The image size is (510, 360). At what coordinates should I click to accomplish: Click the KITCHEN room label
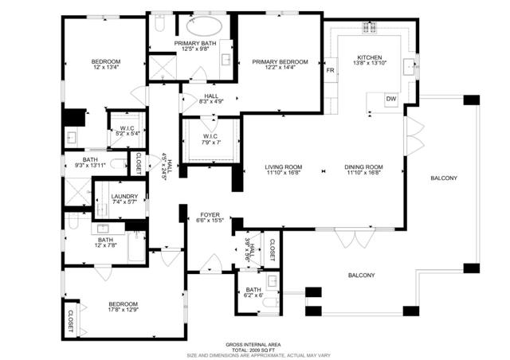[370, 57]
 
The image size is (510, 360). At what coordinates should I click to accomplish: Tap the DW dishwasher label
[390, 99]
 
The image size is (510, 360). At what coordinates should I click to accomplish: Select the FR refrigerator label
[330, 71]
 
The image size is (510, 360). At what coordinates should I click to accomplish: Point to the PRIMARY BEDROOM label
[274, 61]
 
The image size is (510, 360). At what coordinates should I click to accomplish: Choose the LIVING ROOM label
[282, 166]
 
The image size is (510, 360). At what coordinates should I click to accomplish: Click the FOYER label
[209, 214]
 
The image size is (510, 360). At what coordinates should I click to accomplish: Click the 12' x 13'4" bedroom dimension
[105, 68]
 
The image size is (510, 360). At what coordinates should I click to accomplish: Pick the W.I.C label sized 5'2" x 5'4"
[127, 133]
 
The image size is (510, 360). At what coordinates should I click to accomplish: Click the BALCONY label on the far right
[443, 178]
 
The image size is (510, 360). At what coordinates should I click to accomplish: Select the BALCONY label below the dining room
[361, 275]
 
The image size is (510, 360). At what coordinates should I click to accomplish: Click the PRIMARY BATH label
[195, 44]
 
